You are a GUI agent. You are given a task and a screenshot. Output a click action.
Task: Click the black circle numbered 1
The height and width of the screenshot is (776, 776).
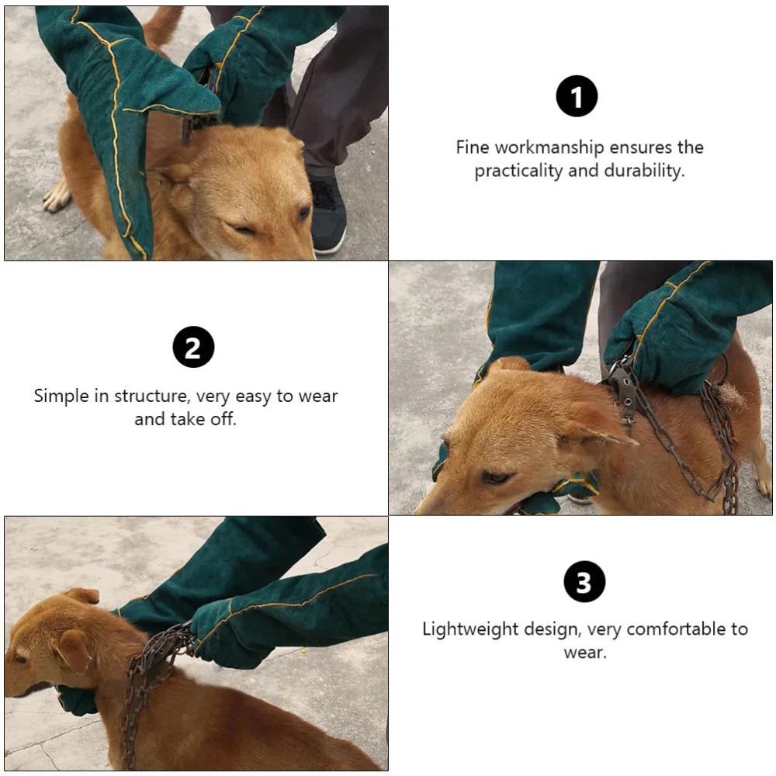pos(577,97)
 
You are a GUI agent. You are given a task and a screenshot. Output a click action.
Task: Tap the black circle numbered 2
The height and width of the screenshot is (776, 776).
pos(193,347)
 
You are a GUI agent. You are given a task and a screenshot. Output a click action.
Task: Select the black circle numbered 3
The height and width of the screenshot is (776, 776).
pos(584,581)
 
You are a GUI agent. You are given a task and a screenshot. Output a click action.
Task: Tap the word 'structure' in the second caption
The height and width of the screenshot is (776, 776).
pos(151,396)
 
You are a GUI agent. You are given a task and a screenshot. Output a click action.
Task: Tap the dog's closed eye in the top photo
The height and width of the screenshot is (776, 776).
pos(244,229)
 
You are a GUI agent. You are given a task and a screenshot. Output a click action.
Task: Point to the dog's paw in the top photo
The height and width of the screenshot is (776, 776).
pos(57,197)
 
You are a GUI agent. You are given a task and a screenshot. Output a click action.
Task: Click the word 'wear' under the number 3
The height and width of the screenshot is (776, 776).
pos(584,652)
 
